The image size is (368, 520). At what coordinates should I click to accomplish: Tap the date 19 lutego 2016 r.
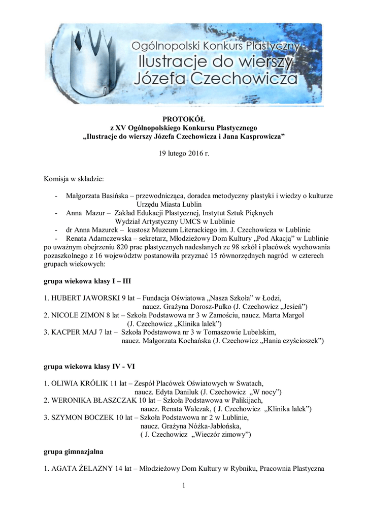(184, 153)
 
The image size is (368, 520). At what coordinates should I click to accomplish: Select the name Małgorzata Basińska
(96, 196)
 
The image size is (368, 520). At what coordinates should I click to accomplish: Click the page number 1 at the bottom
(184, 487)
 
